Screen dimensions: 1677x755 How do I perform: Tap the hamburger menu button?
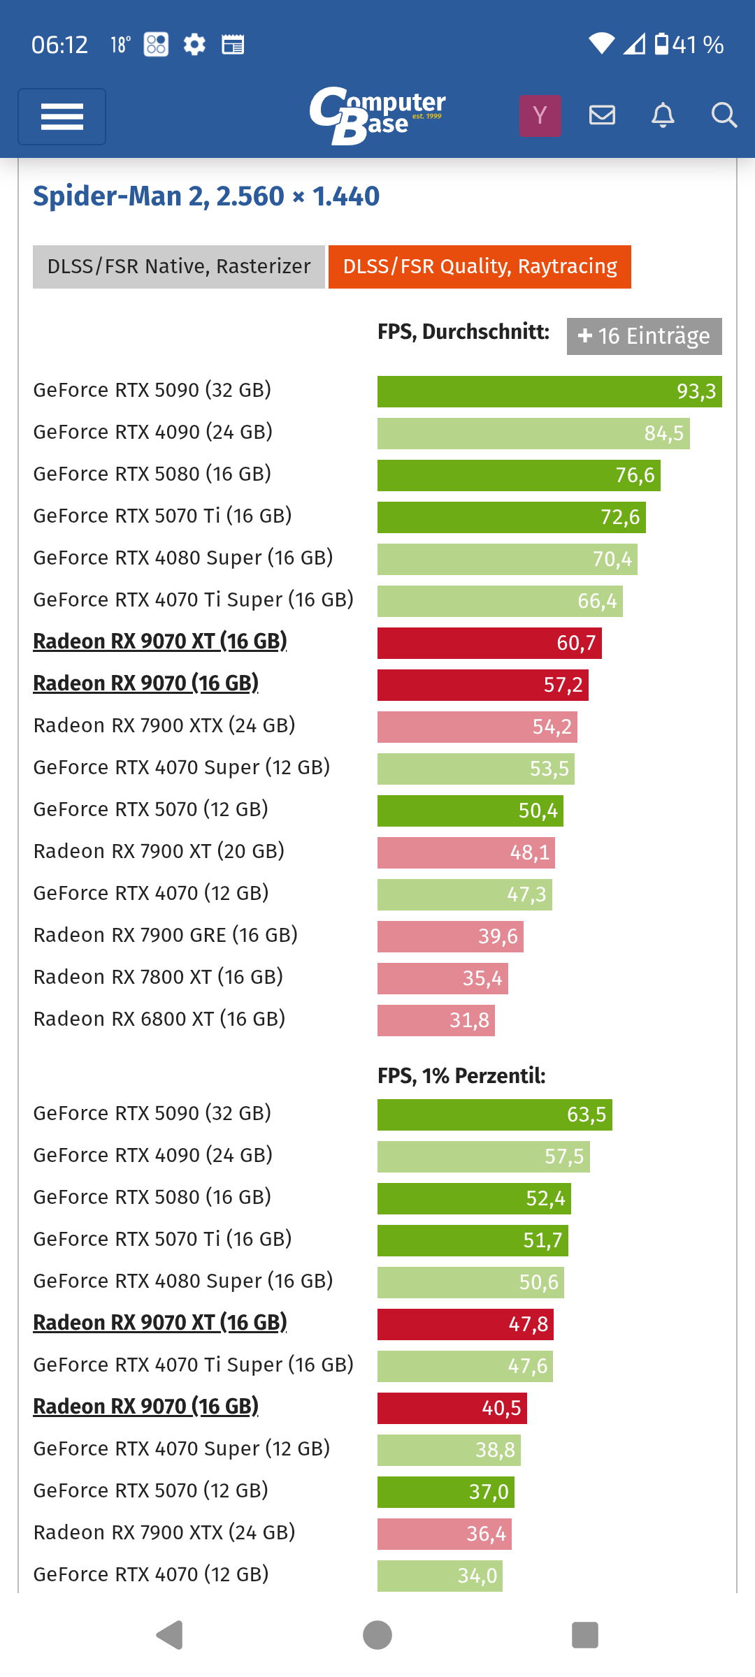pyautogui.click(x=62, y=116)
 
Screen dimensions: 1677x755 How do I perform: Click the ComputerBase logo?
pyautogui.click(x=377, y=115)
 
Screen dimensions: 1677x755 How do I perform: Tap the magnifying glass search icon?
pyautogui.click(x=724, y=115)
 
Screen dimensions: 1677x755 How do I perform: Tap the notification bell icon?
pyautogui.click(x=663, y=115)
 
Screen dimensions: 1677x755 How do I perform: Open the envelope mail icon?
pyautogui.click(x=602, y=115)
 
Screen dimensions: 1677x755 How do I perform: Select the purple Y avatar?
pyautogui.click(x=540, y=115)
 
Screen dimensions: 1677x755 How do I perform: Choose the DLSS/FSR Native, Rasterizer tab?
pyautogui.click(x=179, y=267)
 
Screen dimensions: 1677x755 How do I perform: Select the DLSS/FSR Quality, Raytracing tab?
pyautogui.click(x=480, y=267)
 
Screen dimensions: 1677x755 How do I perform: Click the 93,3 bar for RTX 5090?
pyautogui.click(x=549, y=391)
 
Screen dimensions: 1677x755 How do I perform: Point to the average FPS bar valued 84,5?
pyautogui.click(x=533, y=433)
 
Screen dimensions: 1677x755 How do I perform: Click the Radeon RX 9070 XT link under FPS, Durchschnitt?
pyautogui.click(x=160, y=641)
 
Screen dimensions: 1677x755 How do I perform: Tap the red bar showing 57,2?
pyautogui.click(x=482, y=685)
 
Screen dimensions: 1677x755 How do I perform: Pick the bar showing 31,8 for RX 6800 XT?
pyautogui.click(x=436, y=1020)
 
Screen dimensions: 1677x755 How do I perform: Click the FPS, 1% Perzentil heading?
pyautogui.click(x=461, y=1075)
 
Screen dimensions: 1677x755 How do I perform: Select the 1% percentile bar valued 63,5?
pyautogui.click(x=494, y=1115)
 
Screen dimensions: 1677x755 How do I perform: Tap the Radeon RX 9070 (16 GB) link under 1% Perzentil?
pyautogui.click(x=146, y=1406)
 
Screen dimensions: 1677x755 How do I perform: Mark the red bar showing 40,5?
pyautogui.click(x=452, y=1408)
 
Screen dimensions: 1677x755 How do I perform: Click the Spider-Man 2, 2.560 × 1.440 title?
pyautogui.click(x=206, y=196)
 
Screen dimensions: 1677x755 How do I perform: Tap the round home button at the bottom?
pyautogui.click(x=377, y=1635)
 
